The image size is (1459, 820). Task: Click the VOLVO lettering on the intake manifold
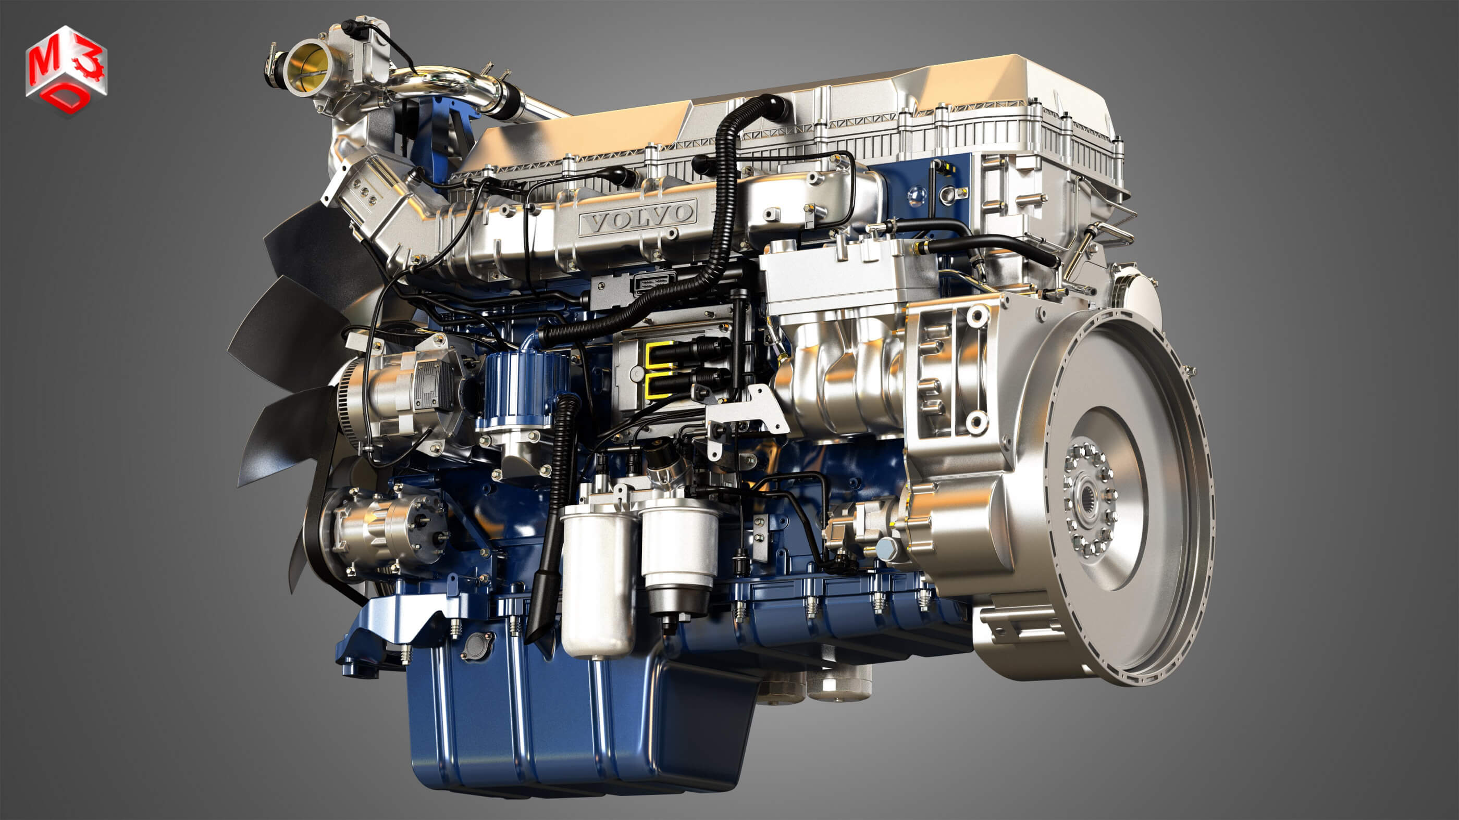[x=638, y=217]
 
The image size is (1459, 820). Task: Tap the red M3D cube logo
[x=66, y=71]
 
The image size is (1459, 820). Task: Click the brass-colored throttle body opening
[x=304, y=67]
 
